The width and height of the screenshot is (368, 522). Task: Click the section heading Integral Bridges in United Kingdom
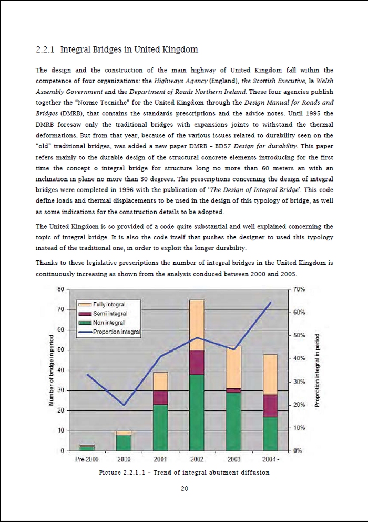(117, 50)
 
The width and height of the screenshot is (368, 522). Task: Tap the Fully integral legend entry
(109, 305)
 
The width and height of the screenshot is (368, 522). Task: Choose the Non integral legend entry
(108, 323)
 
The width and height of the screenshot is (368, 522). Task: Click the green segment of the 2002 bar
(197, 413)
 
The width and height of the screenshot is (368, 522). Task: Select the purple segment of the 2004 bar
(270, 406)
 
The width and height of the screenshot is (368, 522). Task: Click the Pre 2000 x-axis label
(87, 459)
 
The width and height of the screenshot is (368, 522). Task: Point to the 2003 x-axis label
(233, 459)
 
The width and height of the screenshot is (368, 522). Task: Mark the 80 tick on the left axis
(60, 289)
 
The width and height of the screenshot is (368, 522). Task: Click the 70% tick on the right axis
(299, 289)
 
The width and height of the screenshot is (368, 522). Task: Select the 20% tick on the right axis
(299, 405)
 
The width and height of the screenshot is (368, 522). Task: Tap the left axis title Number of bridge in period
(52, 370)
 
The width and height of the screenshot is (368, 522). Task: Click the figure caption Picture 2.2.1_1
(184, 473)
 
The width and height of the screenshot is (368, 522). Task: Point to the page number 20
(185, 489)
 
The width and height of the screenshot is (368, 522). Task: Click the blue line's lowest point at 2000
(124, 405)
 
